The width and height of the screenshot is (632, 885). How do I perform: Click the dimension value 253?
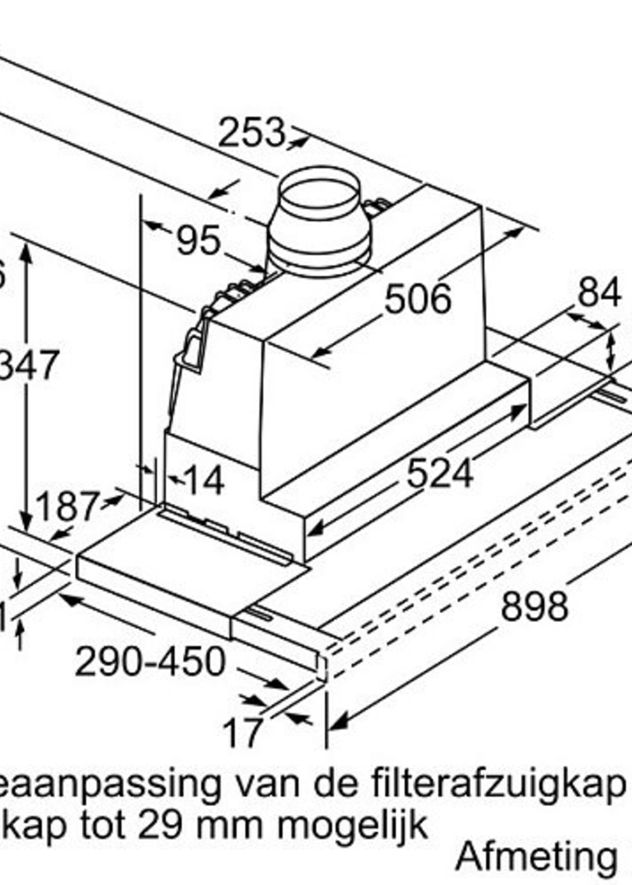pos(251,133)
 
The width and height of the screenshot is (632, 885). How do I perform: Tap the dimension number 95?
pos(199,241)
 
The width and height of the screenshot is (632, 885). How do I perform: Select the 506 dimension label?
pos(418,299)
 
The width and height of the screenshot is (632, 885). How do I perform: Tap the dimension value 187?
pos(66,506)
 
